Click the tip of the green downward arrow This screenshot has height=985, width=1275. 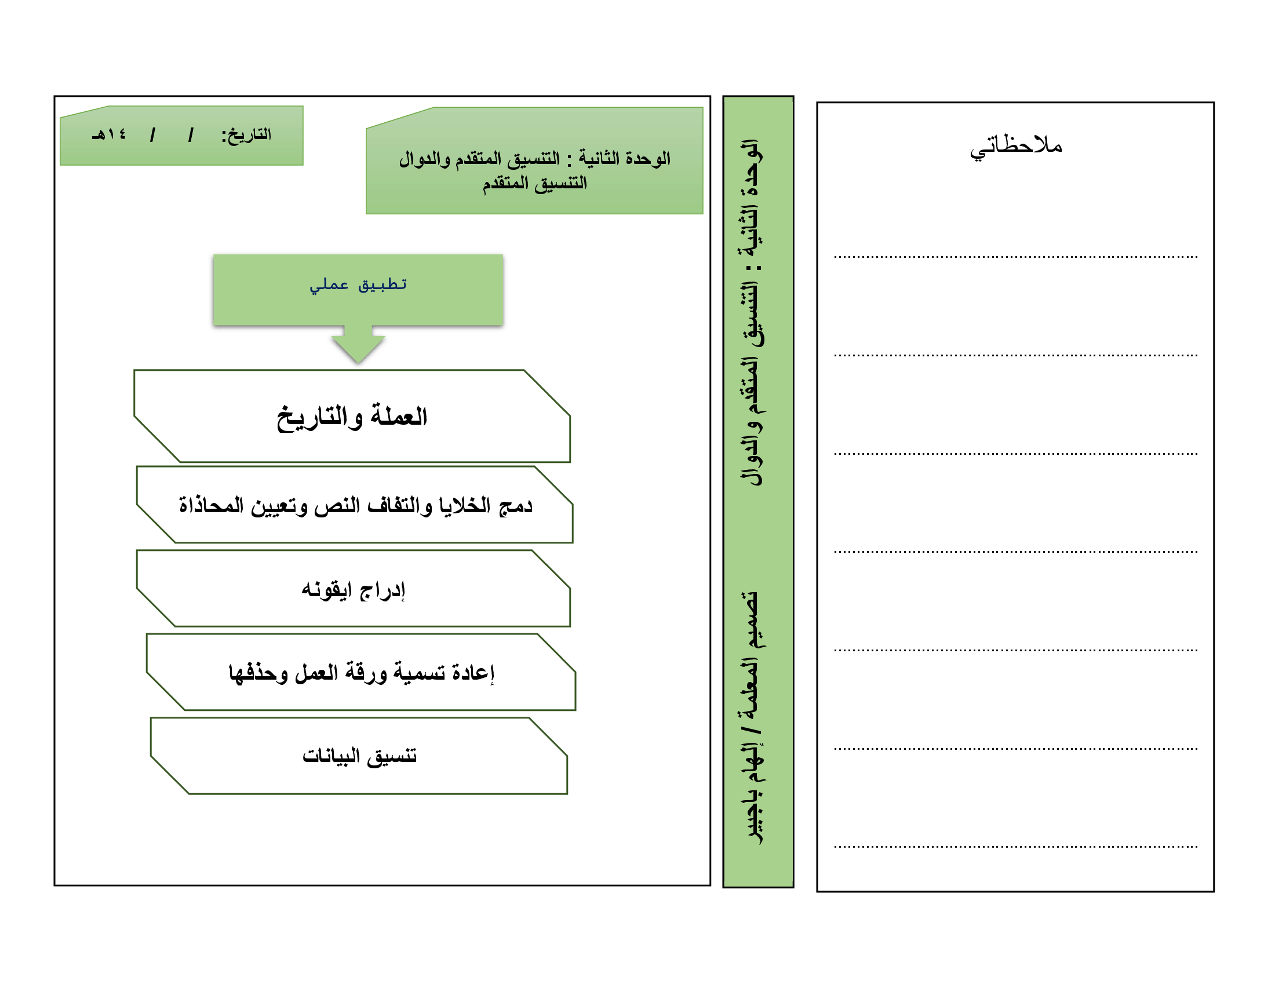pyautogui.click(x=358, y=363)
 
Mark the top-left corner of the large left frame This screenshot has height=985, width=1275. pyautogui.click(x=54, y=96)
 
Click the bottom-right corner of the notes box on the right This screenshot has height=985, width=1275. pyautogui.click(x=1214, y=892)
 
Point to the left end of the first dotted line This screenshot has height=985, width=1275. pyautogui.click(x=834, y=257)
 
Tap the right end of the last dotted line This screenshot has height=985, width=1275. pyautogui.click(x=1197, y=846)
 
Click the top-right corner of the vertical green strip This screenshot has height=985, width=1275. pyautogui.click(x=793, y=96)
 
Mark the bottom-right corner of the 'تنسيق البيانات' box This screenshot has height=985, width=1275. pyautogui.click(x=567, y=794)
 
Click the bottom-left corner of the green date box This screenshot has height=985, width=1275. pyautogui.click(x=60, y=165)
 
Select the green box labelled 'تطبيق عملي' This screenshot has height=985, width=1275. pyautogui.click(x=358, y=290)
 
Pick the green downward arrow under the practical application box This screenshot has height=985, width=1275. pyautogui.click(x=358, y=344)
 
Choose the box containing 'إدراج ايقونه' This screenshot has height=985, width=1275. pyautogui.click(x=353, y=588)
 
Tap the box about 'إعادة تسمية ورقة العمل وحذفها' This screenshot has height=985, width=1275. pyautogui.click(x=361, y=672)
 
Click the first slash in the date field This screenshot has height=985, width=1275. pyautogui.click(x=190, y=136)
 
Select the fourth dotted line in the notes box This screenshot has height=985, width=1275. pyautogui.click(x=1016, y=552)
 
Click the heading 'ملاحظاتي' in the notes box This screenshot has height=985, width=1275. pyautogui.click(x=1016, y=145)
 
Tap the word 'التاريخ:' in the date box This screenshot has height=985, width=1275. pyautogui.click(x=246, y=136)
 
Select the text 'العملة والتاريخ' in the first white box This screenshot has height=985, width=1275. pyautogui.click(x=352, y=417)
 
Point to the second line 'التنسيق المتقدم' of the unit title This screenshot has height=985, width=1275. pyautogui.click(x=535, y=183)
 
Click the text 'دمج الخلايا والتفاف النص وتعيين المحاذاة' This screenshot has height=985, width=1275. pyautogui.click(x=355, y=505)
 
